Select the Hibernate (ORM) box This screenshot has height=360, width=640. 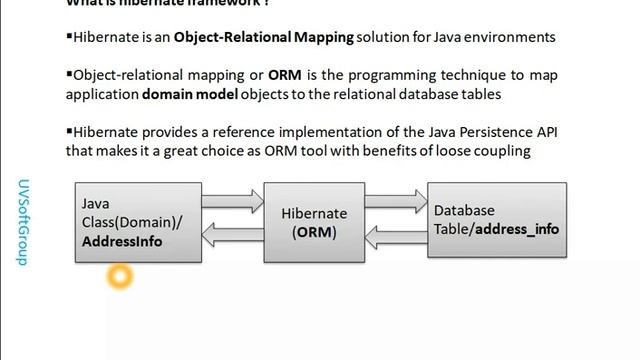(x=313, y=222)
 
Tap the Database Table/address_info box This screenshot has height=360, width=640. (x=496, y=222)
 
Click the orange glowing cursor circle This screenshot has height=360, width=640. (x=119, y=276)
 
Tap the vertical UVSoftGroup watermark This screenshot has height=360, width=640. (x=22, y=221)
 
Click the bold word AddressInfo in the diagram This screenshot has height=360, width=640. (x=121, y=242)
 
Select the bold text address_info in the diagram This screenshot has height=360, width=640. (x=517, y=229)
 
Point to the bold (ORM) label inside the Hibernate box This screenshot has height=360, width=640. (x=314, y=232)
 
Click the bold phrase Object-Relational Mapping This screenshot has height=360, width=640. (x=264, y=37)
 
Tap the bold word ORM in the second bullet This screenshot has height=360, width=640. (x=284, y=75)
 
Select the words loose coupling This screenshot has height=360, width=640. (x=483, y=151)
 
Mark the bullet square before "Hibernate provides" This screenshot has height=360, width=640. (x=69, y=131)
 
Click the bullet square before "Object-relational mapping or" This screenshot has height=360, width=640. (x=69, y=74)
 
